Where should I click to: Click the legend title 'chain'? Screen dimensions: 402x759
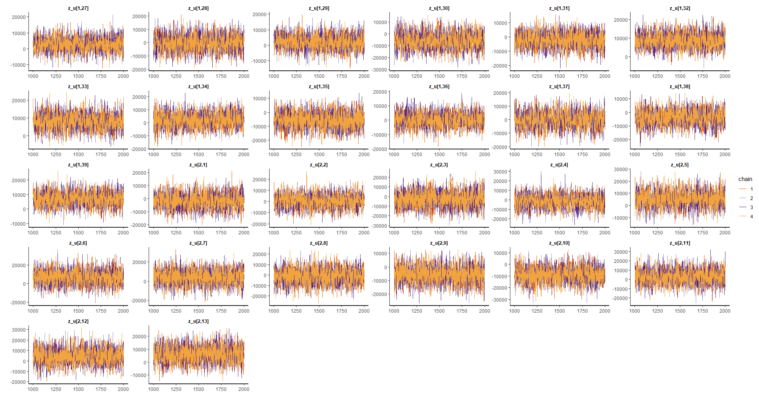[745, 179]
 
